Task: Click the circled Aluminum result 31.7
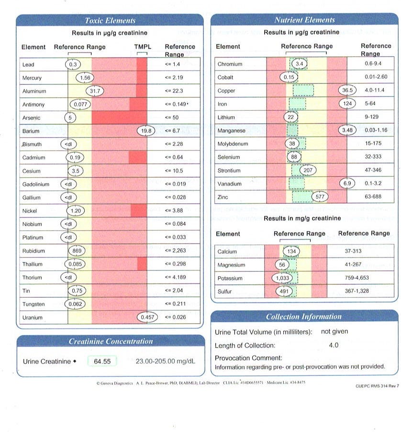pos(95,91)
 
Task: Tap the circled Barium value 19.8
pos(146,131)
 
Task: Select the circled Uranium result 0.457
pos(147,317)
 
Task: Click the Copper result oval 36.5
pos(347,90)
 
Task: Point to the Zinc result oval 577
pos(320,197)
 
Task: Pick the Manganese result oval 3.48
pos(347,130)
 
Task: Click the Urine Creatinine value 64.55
pos(102,361)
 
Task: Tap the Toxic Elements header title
pos(110,21)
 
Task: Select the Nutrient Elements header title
pos(305,20)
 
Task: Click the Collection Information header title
pos(304,316)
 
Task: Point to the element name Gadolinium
pos(36,184)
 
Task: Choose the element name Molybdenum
pos(233,144)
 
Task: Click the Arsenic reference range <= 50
pos(172,117)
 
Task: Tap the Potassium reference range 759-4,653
pos(356,278)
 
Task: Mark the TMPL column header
pos(143,47)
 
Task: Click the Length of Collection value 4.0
pos(334,345)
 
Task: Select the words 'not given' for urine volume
pos(334,331)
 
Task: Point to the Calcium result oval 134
pos(291,251)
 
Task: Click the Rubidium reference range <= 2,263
pos(175,250)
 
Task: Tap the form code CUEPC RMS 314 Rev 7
pos(377,386)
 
